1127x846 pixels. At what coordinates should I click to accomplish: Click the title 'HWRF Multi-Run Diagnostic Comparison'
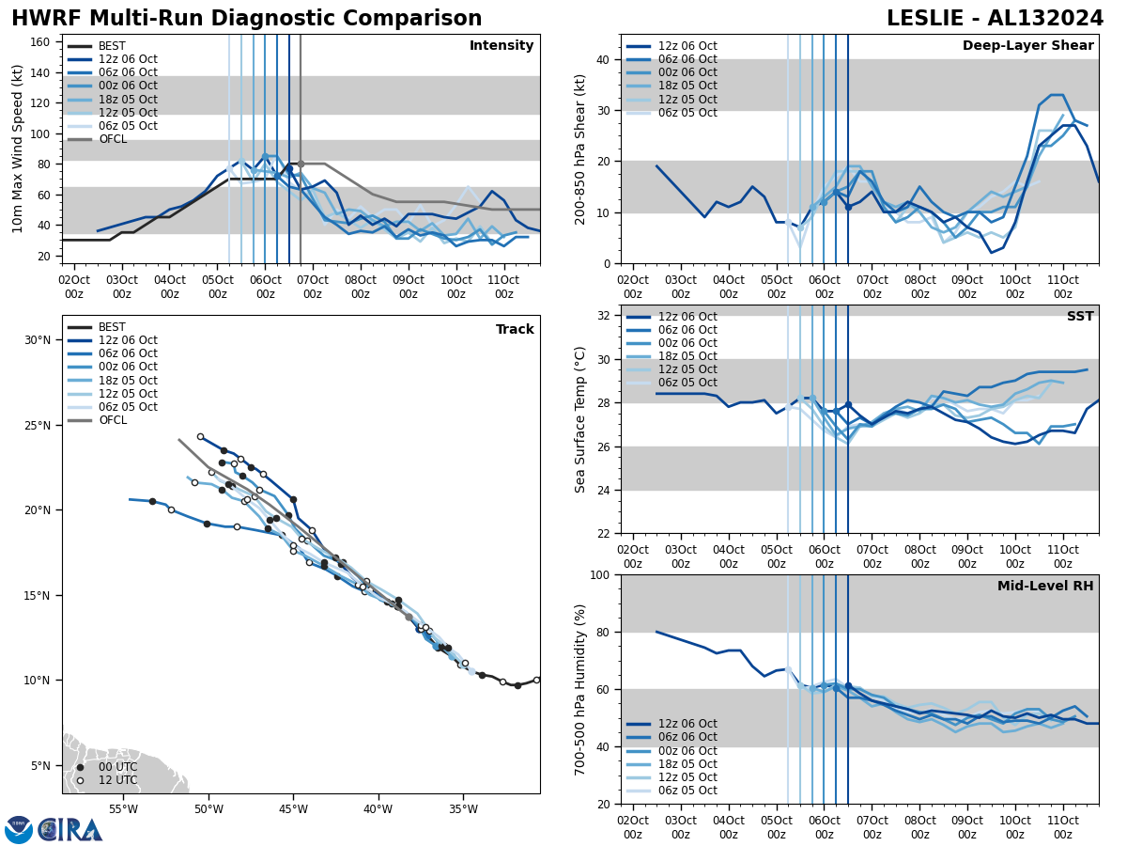coord(246,19)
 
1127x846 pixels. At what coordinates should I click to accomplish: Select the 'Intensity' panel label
coord(502,46)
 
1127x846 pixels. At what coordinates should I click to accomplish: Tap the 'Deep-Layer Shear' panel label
coord(1027,46)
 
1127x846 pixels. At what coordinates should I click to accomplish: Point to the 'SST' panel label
coord(1079,317)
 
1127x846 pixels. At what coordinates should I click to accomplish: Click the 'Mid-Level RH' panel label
coord(1045,587)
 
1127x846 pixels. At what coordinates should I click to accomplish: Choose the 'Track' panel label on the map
coord(515,330)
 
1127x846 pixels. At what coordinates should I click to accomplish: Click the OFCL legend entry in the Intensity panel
coord(112,139)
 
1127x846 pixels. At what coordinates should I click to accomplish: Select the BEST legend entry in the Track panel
coord(111,327)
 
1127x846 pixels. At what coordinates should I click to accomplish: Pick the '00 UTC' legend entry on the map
coord(117,767)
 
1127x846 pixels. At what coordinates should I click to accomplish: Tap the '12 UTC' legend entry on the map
coord(117,780)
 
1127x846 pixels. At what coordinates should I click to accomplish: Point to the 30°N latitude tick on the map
coord(37,340)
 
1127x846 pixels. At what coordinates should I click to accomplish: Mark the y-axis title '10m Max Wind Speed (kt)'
coord(17,149)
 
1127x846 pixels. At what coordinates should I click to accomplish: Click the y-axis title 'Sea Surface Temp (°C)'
coord(580,419)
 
